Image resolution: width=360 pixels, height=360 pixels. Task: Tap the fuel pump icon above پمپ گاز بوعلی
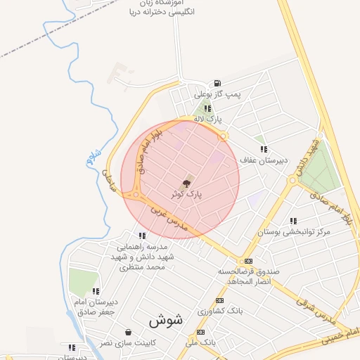pyautogui.click(x=220, y=82)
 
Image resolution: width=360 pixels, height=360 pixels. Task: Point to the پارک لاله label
pyautogui.click(x=209, y=120)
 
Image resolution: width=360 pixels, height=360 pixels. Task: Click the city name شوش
pyautogui.click(x=165, y=319)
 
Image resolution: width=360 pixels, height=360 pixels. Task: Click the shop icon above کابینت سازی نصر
pyautogui.click(x=128, y=332)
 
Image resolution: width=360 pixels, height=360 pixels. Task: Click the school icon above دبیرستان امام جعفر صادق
pyautogui.click(x=96, y=291)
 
